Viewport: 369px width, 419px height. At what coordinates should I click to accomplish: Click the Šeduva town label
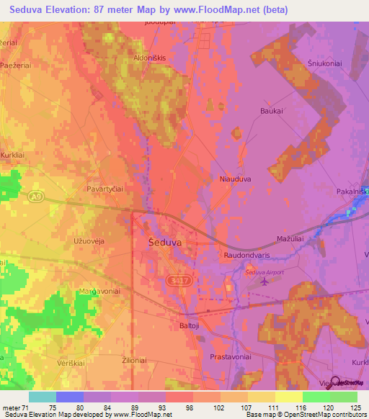pos(165,243)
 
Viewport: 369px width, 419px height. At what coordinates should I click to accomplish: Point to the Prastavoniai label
pos(229,357)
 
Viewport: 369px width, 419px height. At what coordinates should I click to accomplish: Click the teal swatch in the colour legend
pos(42,397)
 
